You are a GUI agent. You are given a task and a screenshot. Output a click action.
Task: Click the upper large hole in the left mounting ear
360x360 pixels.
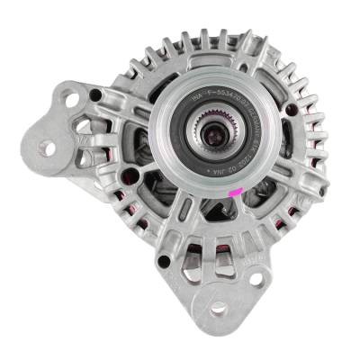click(x=72, y=101)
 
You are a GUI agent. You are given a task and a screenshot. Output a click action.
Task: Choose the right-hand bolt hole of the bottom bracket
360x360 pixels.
click(x=256, y=279)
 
